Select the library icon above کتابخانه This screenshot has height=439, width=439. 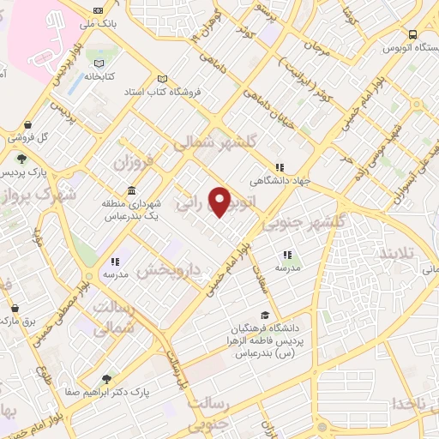coord(100,63)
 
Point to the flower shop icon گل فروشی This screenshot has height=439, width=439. coord(28,124)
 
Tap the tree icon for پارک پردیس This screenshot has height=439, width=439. coord(20,158)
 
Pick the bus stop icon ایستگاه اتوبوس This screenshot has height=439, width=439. coord(413,35)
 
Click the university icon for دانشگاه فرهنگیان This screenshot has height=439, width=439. coord(265,316)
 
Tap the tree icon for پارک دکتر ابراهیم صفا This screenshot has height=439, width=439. coord(106,378)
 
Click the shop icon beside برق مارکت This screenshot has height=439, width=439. coord(15,308)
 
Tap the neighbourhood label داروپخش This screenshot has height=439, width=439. coord(169,271)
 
